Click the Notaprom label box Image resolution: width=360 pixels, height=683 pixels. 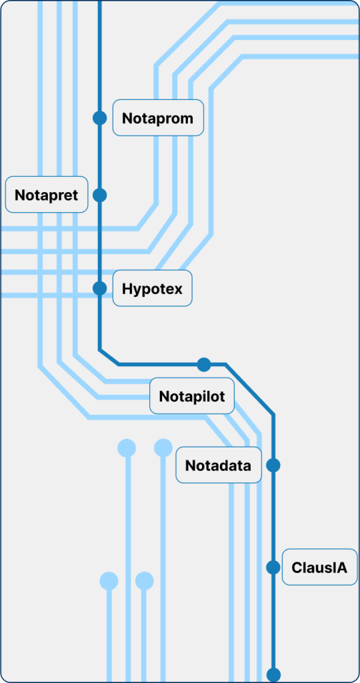[x=159, y=117]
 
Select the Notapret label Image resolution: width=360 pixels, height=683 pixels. [x=47, y=195]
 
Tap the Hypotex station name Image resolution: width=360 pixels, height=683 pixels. [x=153, y=288]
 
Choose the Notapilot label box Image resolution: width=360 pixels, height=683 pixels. [x=192, y=396]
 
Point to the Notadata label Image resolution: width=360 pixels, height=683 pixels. [x=219, y=465]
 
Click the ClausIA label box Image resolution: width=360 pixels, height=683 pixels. [x=319, y=568]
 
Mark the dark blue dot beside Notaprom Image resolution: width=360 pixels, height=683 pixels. [x=100, y=117]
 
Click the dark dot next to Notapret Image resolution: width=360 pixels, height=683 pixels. [x=100, y=195]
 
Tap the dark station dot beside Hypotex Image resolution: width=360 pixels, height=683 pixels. [x=100, y=288]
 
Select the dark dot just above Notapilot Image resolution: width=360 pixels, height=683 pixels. [x=204, y=365]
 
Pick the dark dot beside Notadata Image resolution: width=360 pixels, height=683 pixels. [x=273, y=465]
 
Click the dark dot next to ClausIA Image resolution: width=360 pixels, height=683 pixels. [x=273, y=567]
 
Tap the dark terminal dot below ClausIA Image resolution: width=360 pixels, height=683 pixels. [x=273, y=675]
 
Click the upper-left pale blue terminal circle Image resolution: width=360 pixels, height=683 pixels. [x=127, y=448]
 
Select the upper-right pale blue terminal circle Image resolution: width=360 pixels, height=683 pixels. [x=163, y=448]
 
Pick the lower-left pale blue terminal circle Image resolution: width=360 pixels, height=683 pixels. [x=109, y=581]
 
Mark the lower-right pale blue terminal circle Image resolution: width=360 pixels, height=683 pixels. [x=145, y=581]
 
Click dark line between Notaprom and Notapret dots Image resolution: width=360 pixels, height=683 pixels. [x=100, y=156]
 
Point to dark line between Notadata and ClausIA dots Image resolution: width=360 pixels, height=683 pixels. [x=273, y=516]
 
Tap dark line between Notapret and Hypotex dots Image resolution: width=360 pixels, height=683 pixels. [x=100, y=241]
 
